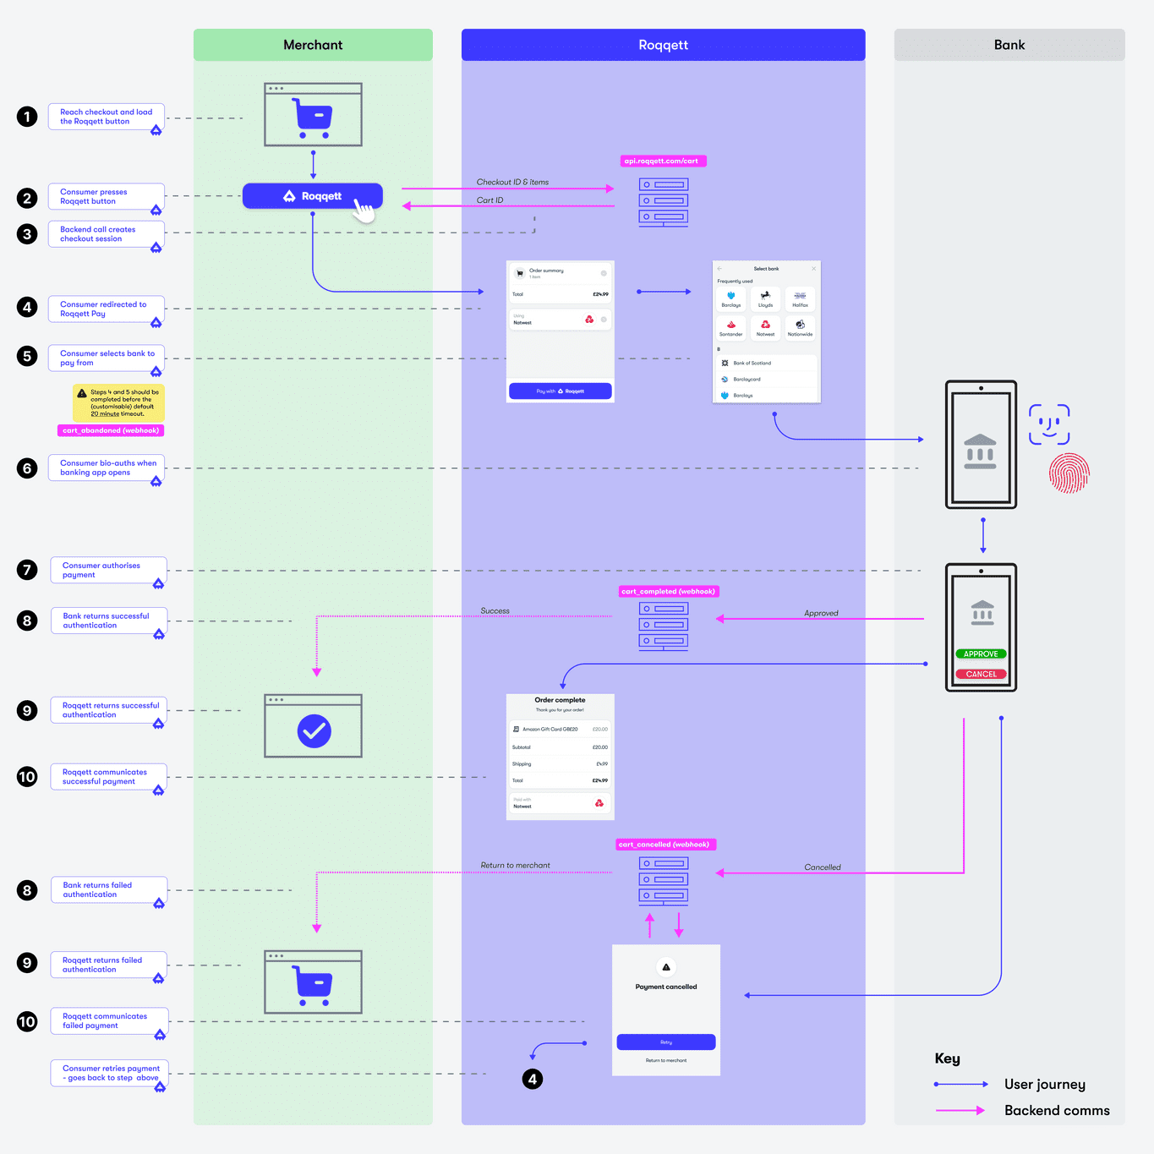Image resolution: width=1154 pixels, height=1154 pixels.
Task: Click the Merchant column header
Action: tap(313, 45)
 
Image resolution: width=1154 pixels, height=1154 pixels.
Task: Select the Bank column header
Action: tap(1009, 45)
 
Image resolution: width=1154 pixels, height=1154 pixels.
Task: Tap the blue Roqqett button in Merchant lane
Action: tap(312, 196)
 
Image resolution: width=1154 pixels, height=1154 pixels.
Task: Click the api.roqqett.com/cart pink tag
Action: tap(662, 161)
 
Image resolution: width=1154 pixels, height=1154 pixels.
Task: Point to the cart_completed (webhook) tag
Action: tap(668, 592)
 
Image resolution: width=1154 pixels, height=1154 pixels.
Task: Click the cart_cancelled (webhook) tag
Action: tap(665, 845)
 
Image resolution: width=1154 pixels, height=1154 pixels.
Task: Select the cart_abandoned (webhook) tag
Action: tap(111, 430)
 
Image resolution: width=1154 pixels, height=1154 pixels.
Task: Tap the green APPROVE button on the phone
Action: tap(981, 654)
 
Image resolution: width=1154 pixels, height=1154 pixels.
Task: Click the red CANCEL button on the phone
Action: tap(981, 674)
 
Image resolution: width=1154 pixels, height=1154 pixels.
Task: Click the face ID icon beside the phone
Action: tap(1049, 424)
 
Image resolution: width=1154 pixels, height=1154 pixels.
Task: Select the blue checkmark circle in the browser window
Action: tap(314, 730)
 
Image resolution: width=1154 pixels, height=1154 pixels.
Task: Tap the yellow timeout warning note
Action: tap(119, 403)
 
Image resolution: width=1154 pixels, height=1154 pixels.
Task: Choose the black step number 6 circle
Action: tap(27, 468)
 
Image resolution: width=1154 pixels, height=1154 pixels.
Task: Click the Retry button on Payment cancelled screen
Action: tap(666, 1042)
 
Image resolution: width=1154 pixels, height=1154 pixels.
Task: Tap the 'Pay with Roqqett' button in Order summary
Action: tap(560, 391)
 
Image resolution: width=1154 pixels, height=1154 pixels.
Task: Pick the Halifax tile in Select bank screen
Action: tap(800, 299)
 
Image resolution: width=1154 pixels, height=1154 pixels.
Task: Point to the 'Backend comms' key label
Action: tap(1057, 1111)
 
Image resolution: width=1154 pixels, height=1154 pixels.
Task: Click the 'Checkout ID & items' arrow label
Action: tap(512, 182)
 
